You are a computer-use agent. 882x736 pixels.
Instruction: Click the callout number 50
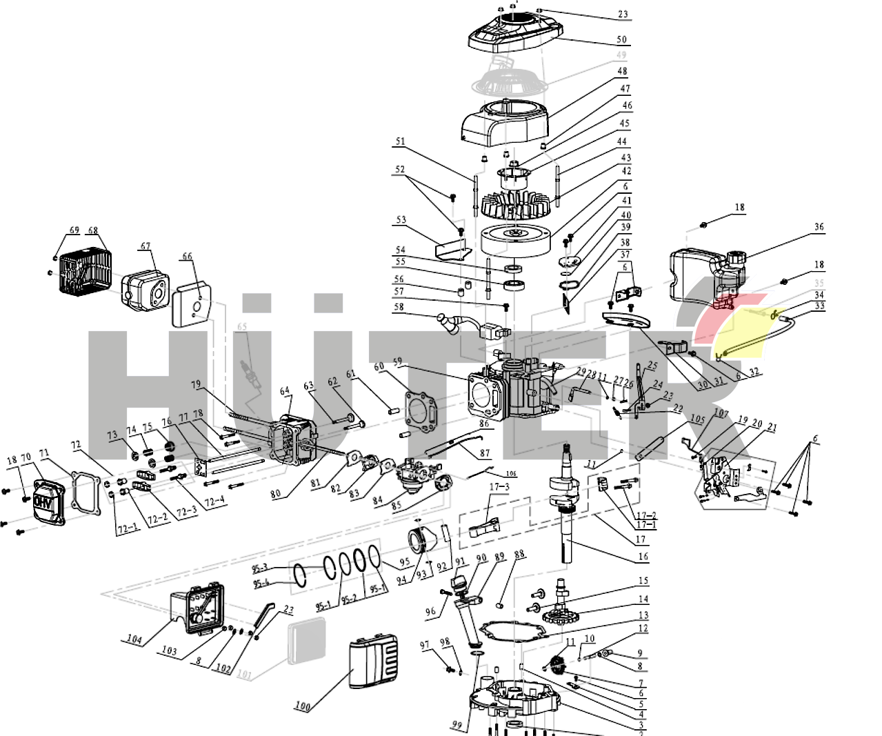tap(621, 40)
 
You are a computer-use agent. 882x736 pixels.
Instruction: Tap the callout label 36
tap(819, 227)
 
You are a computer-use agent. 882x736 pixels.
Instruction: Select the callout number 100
tap(302, 706)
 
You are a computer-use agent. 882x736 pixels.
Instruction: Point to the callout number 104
tap(134, 639)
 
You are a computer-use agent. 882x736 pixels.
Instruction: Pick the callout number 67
tap(145, 246)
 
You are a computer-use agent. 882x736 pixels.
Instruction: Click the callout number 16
tap(643, 556)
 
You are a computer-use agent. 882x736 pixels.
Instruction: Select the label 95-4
tap(261, 584)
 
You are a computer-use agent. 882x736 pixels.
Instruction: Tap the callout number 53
tap(401, 220)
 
